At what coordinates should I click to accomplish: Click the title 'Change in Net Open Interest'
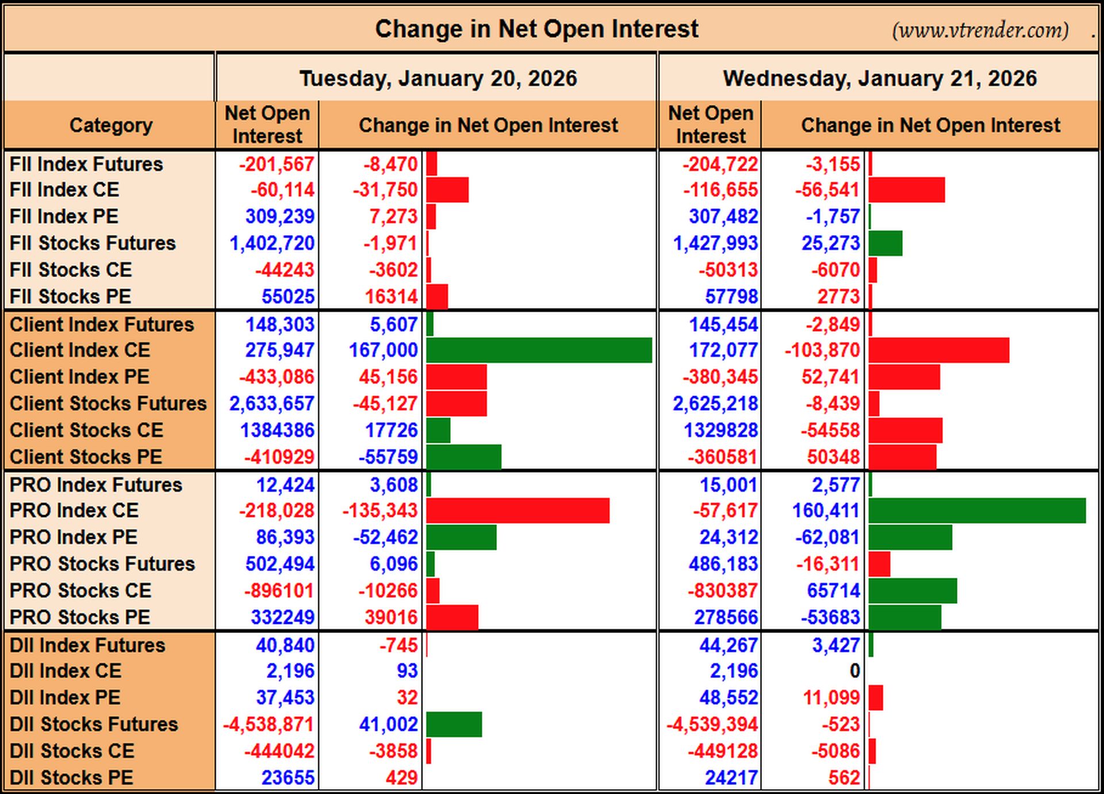(x=536, y=29)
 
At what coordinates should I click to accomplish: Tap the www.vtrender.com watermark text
(x=980, y=30)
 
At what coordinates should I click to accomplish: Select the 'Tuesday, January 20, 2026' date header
(x=438, y=78)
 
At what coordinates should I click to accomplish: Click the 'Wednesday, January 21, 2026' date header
(x=880, y=78)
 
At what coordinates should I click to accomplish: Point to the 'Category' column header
(x=111, y=125)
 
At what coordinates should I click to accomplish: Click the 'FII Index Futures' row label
(x=86, y=164)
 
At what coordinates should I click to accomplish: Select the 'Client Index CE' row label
(x=80, y=350)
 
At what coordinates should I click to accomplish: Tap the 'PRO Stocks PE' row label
(x=80, y=617)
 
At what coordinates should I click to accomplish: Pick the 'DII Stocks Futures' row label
(x=94, y=724)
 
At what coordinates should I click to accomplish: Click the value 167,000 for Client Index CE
(x=383, y=350)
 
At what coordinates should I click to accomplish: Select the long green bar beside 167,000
(x=539, y=350)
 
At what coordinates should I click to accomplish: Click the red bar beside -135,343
(x=518, y=511)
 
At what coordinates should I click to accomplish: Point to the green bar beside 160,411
(x=977, y=511)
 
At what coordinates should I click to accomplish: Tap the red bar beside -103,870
(x=939, y=350)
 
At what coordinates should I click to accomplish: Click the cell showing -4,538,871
(x=269, y=724)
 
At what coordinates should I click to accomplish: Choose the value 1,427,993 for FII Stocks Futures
(x=715, y=243)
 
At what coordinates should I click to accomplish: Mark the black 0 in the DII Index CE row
(x=854, y=671)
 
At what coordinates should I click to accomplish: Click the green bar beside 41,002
(x=454, y=724)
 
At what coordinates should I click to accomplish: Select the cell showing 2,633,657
(x=271, y=404)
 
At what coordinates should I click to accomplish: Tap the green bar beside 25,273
(x=885, y=243)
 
